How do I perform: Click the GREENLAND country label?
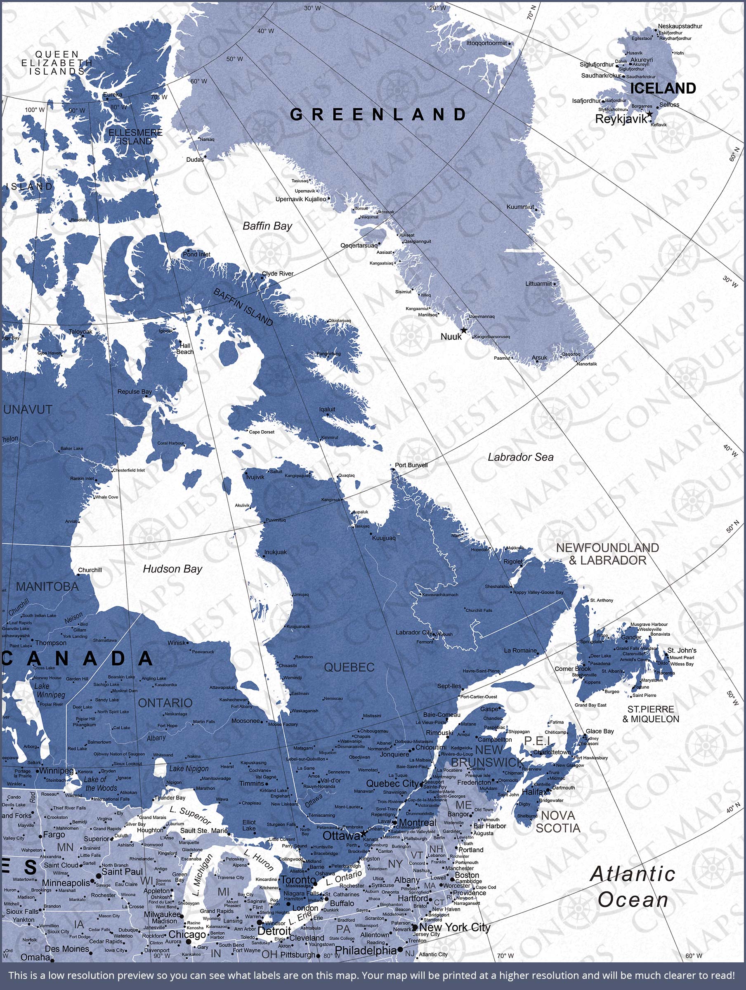click(x=378, y=115)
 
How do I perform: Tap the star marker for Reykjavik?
click(x=649, y=114)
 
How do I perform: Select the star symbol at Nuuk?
click(x=464, y=330)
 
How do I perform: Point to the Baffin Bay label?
click(x=267, y=226)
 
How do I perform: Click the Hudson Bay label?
click(x=172, y=569)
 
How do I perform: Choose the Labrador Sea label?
click(x=520, y=457)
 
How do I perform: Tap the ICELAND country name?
click(x=663, y=89)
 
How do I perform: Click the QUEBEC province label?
click(x=349, y=667)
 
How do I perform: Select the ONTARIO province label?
click(x=165, y=703)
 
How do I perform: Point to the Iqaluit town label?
click(x=327, y=409)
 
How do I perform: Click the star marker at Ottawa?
click(x=364, y=834)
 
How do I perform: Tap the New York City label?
click(x=455, y=927)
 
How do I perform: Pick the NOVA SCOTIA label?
click(x=558, y=822)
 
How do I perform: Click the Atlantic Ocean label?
click(x=633, y=886)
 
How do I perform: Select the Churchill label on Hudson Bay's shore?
click(x=90, y=570)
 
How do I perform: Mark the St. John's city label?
click(x=682, y=650)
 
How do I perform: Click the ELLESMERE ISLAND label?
click(x=135, y=137)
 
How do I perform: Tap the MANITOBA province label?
click(x=47, y=586)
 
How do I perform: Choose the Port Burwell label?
click(x=411, y=465)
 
